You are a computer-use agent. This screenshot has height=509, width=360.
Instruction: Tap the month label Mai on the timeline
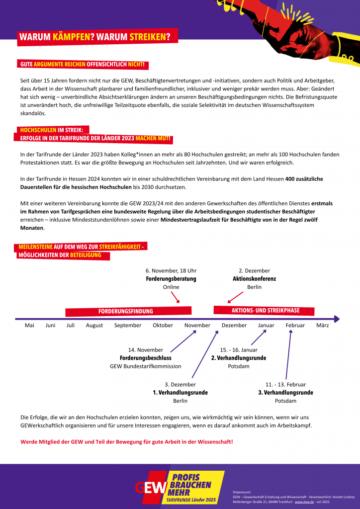pos(29,326)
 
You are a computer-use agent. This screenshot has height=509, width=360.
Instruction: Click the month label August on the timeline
pos(94,326)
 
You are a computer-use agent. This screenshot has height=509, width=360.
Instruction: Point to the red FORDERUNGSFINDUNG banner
pos(125,312)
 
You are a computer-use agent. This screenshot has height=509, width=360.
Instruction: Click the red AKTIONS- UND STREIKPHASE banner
pos(266,311)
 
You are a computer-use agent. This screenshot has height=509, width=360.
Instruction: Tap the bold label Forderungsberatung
pos(171,279)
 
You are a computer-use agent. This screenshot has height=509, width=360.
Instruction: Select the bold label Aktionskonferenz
pos(254,279)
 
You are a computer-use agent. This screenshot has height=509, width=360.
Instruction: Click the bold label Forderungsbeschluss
pos(146,358)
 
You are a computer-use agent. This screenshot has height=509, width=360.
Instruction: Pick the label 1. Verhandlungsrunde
pos(180,393)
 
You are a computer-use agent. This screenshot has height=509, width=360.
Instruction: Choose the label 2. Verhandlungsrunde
pos(238,358)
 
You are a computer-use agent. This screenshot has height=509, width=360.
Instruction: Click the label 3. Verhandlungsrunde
pos(285,393)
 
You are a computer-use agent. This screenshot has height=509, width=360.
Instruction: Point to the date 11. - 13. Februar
pos(285,384)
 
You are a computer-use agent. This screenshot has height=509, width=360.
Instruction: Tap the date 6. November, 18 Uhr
pos(171,270)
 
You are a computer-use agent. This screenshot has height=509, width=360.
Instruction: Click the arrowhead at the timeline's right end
pos(337,319)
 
